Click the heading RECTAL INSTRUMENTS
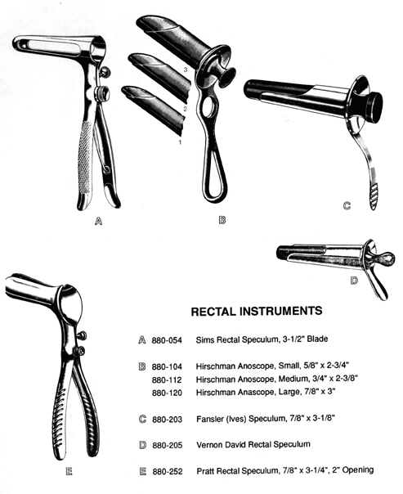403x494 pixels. [x=257, y=312]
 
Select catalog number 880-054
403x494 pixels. [x=167, y=340]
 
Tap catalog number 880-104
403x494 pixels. [x=167, y=366]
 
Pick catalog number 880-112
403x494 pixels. [x=167, y=380]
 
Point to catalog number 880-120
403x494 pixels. [x=167, y=393]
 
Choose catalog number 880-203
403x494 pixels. [x=168, y=420]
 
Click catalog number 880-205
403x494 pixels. [x=168, y=445]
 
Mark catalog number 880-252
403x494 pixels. [x=168, y=471]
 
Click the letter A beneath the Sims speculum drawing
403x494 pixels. [x=98, y=222]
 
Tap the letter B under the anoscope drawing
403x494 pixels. [x=222, y=220]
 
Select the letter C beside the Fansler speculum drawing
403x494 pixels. [x=347, y=206]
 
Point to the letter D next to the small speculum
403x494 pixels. [x=354, y=280]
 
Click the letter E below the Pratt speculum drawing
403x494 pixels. [x=69, y=471]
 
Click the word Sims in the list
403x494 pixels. [x=205, y=340]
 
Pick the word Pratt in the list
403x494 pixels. [x=206, y=471]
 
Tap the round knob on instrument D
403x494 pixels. [x=386, y=259]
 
